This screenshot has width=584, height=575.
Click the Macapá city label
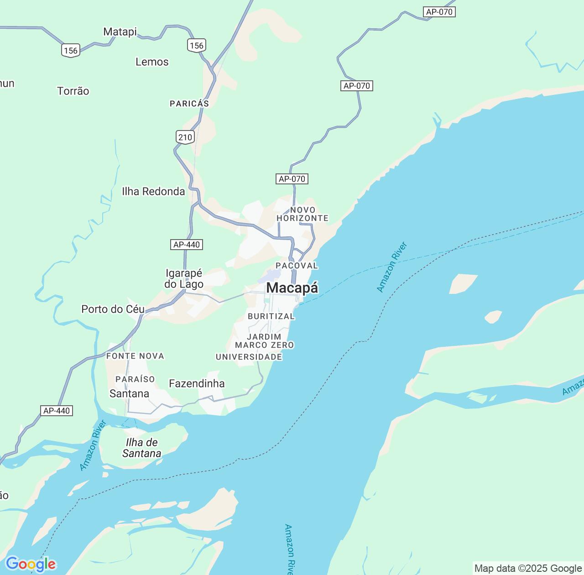coord(292,288)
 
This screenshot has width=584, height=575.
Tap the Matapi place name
coord(120,31)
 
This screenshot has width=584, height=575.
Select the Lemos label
coord(152,62)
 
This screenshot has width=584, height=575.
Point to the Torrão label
coord(73,91)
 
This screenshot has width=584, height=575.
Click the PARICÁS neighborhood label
coord(189,104)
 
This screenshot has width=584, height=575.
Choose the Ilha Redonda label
coord(153,191)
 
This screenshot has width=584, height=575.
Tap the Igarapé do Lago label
coord(184,278)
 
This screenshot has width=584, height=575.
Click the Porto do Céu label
coord(113,309)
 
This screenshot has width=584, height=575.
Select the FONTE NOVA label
coord(135,356)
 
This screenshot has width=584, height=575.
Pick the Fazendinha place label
coord(197,383)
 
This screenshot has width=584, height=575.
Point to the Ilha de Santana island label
coord(141,448)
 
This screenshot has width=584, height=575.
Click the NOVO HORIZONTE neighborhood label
coord(302,214)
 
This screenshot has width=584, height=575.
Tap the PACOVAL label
coord(297,266)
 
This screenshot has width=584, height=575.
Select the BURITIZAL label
coord(271,316)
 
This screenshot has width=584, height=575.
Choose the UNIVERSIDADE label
coord(249,357)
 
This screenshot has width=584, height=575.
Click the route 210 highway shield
coord(185,137)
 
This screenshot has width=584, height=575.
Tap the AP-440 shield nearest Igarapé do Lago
coord(187,245)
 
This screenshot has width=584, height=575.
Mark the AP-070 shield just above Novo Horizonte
coord(292,179)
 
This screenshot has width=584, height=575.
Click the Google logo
coord(31,565)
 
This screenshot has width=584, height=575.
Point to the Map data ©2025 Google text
coord(528,568)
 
